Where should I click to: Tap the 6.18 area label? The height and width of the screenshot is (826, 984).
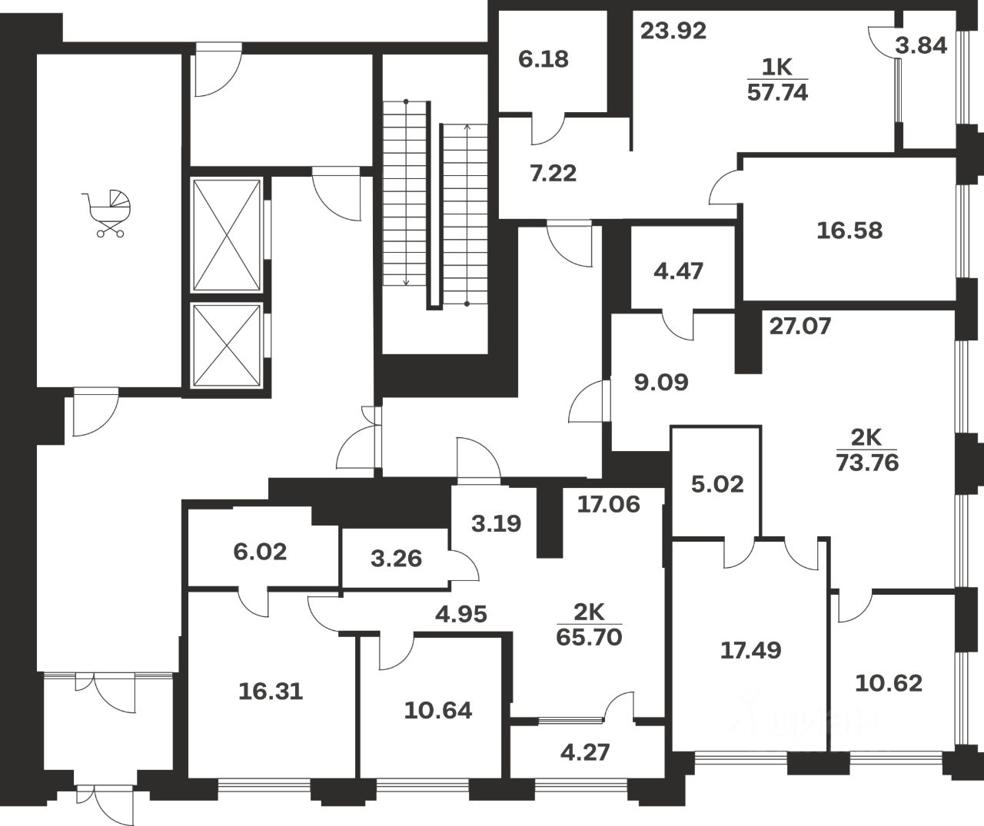click(544, 58)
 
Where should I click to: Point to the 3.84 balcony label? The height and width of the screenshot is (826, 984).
click(921, 45)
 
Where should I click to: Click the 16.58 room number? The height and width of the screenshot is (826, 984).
click(849, 230)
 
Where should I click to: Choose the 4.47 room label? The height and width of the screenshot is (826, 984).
click(678, 270)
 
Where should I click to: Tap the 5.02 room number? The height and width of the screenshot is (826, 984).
click(717, 484)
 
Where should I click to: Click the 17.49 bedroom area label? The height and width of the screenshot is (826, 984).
click(750, 650)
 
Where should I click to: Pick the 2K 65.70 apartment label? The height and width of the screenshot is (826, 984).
click(590, 624)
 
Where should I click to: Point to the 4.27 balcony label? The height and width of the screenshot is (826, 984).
click(586, 751)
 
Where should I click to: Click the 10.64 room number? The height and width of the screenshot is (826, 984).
click(438, 710)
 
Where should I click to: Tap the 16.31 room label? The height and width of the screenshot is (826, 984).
click(271, 691)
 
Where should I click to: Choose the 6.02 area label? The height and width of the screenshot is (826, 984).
click(261, 551)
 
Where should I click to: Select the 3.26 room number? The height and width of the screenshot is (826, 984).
click(396, 558)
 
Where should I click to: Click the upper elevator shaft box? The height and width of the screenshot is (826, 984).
click(226, 235)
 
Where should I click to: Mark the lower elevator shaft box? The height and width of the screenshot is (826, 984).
click(226, 347)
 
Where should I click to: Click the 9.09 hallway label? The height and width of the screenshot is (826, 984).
click(661, 382)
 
